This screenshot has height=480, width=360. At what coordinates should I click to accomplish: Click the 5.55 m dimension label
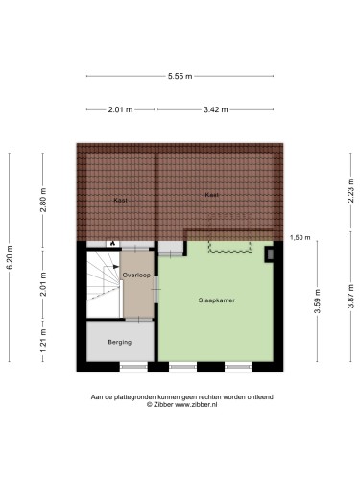click(x=180, y=76)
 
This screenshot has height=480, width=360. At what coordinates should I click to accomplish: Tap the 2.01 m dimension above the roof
click(x=120, y=109)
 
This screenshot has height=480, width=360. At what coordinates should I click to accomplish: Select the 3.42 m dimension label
click(x=216, y=109)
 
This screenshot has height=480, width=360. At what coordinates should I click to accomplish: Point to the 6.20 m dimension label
click(x=10, y=257)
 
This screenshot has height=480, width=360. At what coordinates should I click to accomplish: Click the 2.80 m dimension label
click(x=43, y=200)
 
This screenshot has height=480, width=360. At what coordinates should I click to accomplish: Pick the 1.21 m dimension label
click(x=43, y=341)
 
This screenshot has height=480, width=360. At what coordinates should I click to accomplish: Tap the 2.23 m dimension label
click(x=351, y=190)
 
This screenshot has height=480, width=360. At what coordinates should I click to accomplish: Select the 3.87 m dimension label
click(x=351, y=296)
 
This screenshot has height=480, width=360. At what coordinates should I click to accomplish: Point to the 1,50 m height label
click(x=300, y=237)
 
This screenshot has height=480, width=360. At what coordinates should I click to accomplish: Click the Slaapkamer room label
click(x=217, y=300)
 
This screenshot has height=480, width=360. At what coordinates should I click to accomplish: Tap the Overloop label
click(x=136, y=275)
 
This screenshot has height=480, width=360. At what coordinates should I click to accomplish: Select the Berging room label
click(x=120, y=342)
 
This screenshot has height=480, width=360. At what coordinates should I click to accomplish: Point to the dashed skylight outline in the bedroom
click(x=230, y=247)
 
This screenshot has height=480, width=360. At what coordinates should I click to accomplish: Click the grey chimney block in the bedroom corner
click(x=271, y=254)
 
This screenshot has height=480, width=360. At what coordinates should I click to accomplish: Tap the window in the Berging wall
click(x=133, y=367)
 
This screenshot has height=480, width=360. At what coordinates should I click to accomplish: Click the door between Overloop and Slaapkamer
click(x=156, y=289)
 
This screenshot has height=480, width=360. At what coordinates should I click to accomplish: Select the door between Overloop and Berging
click(x=138, y=319)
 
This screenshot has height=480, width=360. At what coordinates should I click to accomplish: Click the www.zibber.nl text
click(x=196, y=404)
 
